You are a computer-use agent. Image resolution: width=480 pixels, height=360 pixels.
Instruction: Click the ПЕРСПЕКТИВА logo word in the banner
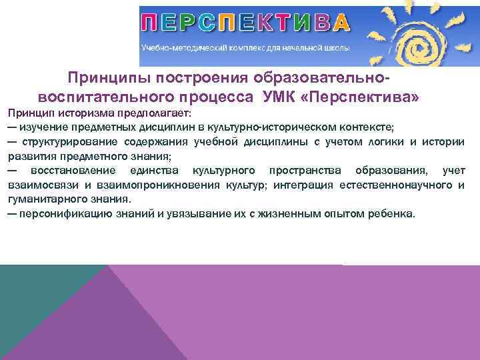pyautogui.click(x=245, y=23)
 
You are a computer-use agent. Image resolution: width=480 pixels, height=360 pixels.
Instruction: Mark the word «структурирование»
pyautogui.click(x=69, y=141)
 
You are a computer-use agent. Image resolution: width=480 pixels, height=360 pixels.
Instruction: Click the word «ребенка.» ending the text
pyautogui.click(x=394, y=214)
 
